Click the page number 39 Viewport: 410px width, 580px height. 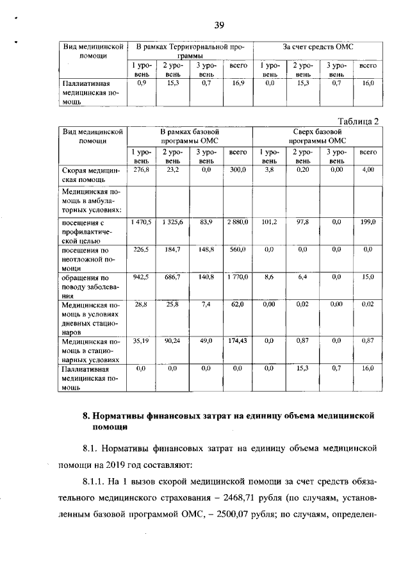pos(218,25)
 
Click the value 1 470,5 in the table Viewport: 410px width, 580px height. pos(141,222)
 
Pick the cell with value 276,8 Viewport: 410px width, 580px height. pos(141,170)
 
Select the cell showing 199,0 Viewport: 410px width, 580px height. pos(367,222)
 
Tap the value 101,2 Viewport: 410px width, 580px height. pos(269,222)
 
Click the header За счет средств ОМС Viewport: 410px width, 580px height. pos(318,47)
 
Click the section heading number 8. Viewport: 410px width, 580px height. pos(86,417)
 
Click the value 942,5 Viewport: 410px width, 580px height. pos(141,278)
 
